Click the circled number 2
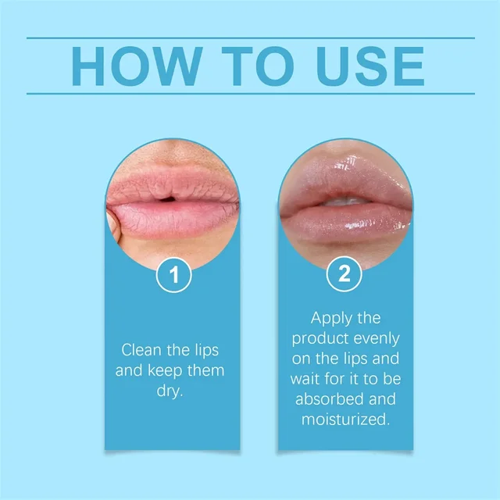click(345, 274)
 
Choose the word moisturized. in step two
click(345, 421)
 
